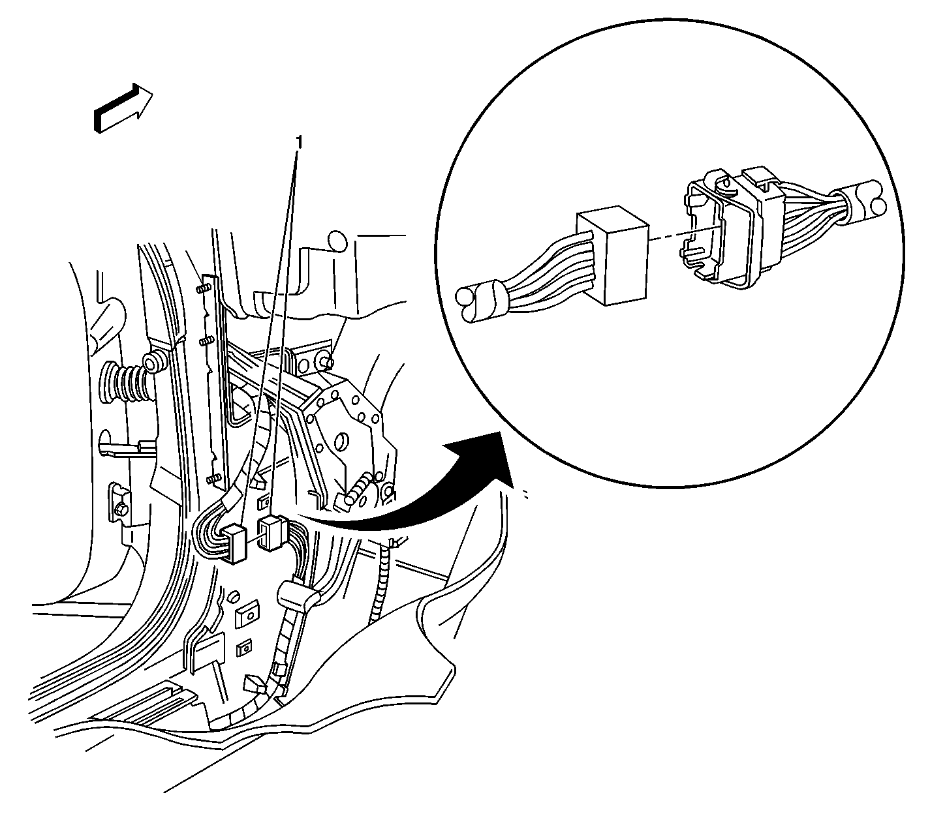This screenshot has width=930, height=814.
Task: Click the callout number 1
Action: coord(299,142)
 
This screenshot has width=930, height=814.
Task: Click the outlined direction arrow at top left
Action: coord(123,108)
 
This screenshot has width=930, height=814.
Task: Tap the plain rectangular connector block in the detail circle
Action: coord(612,256)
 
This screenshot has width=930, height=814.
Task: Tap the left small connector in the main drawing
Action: coord(235,543)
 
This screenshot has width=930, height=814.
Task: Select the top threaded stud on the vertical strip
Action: coord(203,289)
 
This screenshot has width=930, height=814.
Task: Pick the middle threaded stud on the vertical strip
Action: coord(208,340)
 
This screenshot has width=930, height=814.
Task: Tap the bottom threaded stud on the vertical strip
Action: coord(213,478)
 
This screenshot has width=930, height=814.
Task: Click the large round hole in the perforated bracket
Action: coord(341,441)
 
